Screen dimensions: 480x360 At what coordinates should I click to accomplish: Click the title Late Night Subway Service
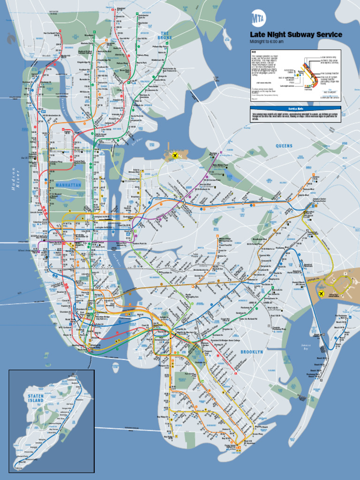pos(295,35)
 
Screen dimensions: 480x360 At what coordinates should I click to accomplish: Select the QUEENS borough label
pos(284,146)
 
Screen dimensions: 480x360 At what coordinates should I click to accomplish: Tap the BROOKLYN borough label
pos(252,352)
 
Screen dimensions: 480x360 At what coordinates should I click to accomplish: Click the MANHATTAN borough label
pos(68,185)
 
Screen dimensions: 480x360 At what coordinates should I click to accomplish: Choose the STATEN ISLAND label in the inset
pos(36,398)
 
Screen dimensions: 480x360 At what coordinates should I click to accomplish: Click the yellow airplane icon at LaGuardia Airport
pos(175,155)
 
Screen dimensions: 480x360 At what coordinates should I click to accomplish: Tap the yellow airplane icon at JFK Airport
pos(322,293)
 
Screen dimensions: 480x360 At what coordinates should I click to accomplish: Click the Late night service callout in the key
pos(287,86)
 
